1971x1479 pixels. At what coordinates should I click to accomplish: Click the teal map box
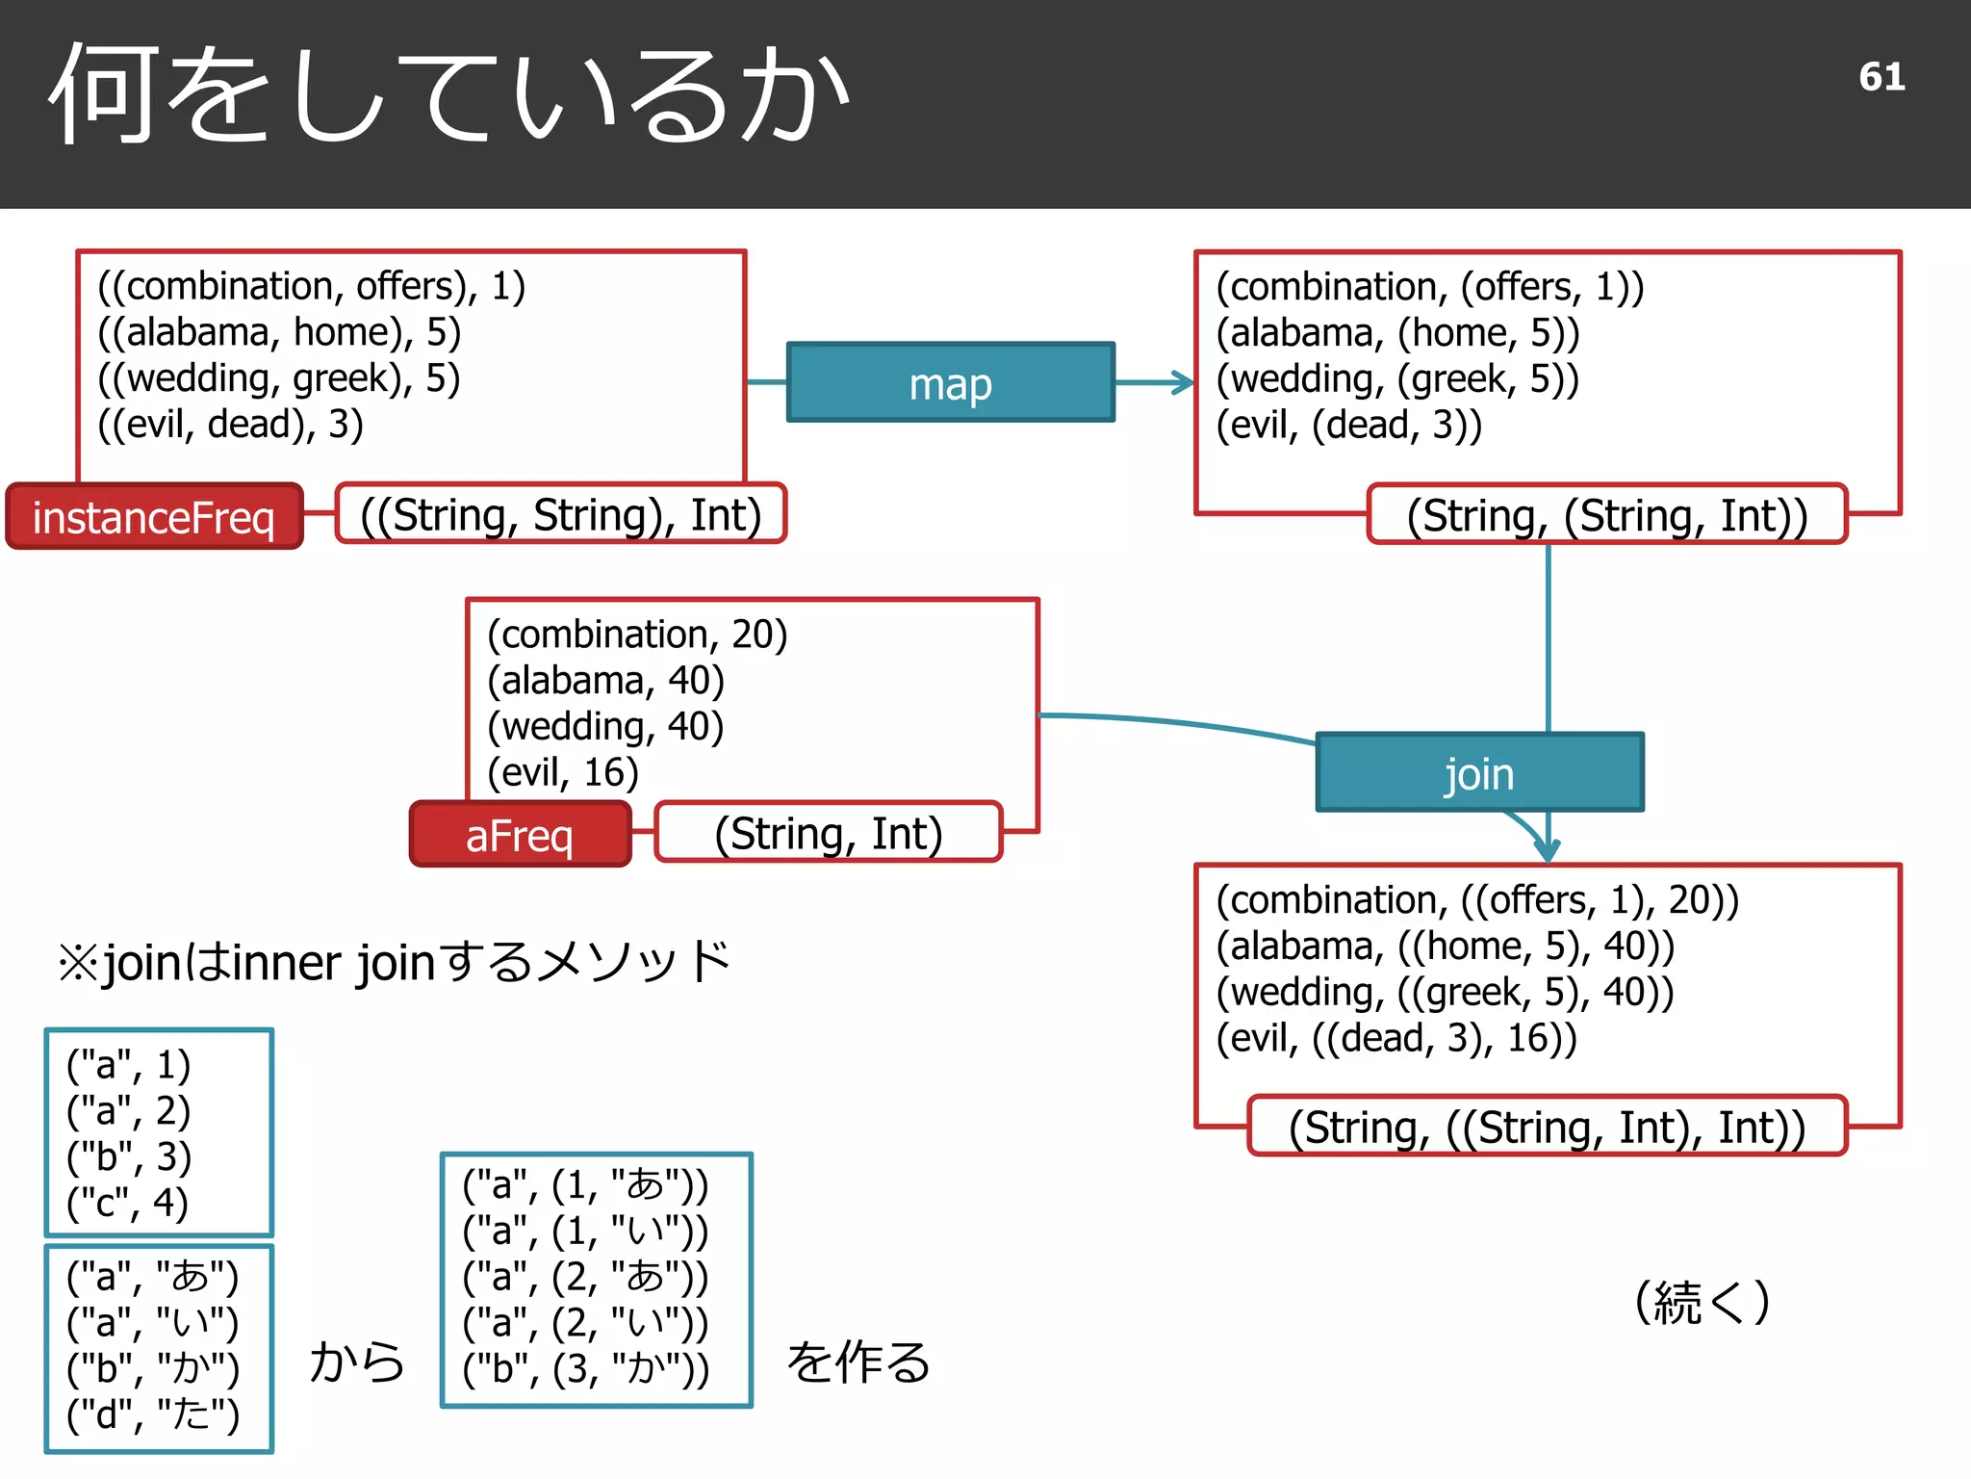click(950, 382)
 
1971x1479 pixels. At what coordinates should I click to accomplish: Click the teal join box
click(1479, 772)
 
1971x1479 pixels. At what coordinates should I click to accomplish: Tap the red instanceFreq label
click(154, 517)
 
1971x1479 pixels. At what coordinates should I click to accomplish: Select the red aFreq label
click(520, 834)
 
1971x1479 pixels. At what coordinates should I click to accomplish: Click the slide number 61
click(1881, 77)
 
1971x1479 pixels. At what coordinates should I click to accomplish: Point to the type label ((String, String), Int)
click(561, 514)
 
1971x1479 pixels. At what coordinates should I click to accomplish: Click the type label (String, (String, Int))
click(1606, 515)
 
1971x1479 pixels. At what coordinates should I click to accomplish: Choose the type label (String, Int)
click(828, 833)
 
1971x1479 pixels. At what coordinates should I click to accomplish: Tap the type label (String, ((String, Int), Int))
click(1547, 1127)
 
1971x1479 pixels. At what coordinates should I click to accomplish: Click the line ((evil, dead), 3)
click(231, 424)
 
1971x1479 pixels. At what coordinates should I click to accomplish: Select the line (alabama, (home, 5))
click(1397, 332)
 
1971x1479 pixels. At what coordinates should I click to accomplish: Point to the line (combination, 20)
click(637, 634)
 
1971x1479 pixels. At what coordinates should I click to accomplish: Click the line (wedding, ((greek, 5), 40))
click(1445, 992)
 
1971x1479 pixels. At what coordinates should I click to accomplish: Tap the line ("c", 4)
click(128, 1203)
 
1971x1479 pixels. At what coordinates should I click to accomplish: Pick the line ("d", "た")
click(152, 1414)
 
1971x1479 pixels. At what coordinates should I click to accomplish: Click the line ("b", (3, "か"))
click(585, 1368)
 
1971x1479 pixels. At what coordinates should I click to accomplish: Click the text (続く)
click(1702, 1302)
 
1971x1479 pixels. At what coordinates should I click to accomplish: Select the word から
click(357, 1362)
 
